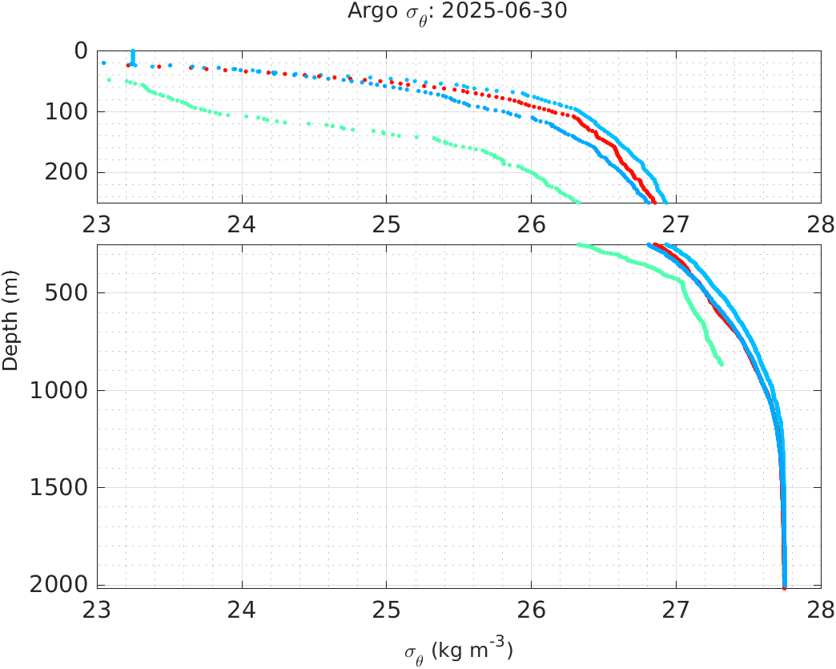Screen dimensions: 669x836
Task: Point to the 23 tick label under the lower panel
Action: click(98, 607)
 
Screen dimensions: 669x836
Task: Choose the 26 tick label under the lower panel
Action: click(532, 607)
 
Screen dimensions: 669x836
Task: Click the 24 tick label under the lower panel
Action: click(242, 607)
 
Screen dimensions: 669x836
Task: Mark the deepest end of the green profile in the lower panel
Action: click(721, 364)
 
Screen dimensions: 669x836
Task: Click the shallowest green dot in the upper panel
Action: click(109, 80)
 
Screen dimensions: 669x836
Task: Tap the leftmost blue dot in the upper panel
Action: click(103, 62)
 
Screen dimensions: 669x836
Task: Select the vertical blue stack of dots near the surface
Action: click(133, 56)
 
